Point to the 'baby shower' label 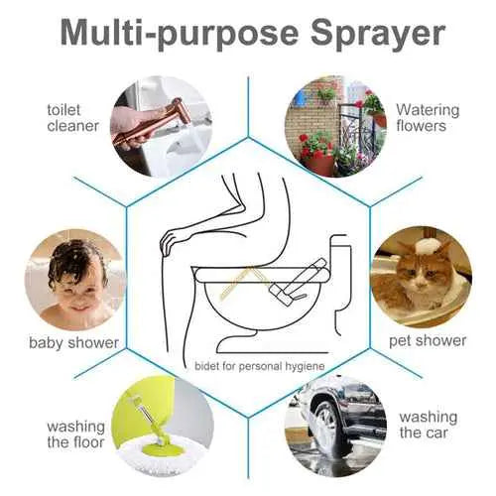[73, 343]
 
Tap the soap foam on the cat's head [430, 243]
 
